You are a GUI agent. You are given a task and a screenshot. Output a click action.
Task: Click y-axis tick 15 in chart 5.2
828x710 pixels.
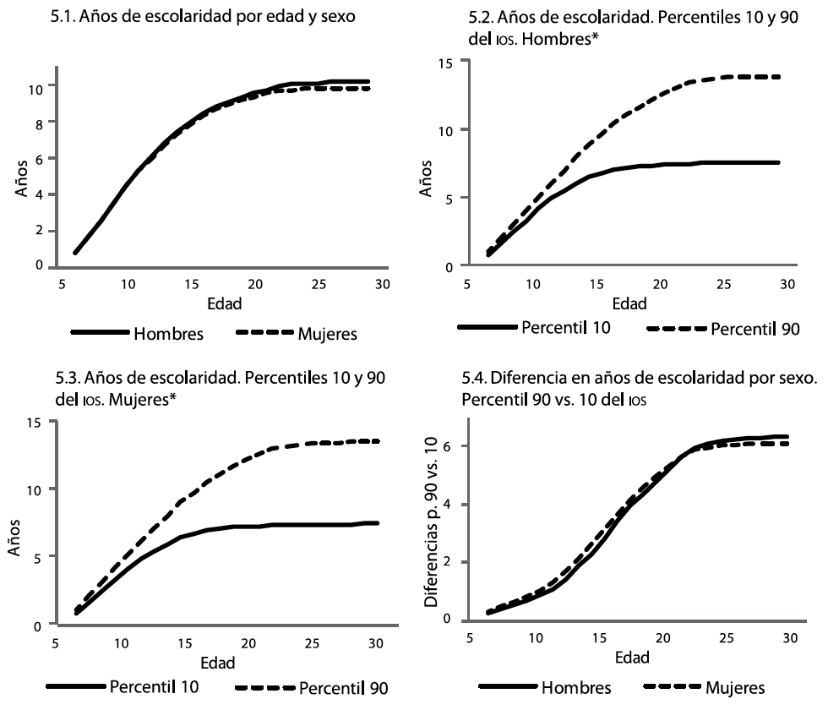[x=444, y=63]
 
